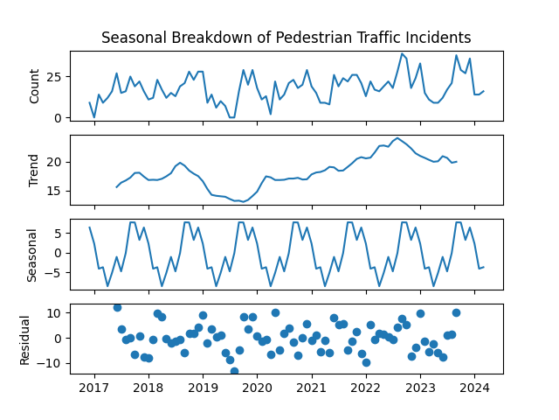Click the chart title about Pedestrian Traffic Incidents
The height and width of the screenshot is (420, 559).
click(286, 38)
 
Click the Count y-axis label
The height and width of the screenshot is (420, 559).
click(35, 86)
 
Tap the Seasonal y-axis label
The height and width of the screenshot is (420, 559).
click(35, 253)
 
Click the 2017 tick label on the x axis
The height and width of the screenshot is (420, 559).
click(94, 387)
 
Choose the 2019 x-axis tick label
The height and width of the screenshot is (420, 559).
click(203, 387)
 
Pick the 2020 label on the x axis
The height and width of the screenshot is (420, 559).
click(258, 387)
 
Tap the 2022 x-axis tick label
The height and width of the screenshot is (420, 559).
click(366, 387)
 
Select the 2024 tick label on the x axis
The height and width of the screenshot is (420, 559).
click(474, 387)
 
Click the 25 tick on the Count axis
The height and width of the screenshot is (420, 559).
click(53, 77)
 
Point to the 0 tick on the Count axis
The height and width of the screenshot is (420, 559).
click(57, 117)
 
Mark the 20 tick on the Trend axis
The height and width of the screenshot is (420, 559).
click(53, 162)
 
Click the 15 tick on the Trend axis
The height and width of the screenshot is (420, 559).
click(53, 190)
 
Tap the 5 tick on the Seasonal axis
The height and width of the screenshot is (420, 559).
click(57, 233)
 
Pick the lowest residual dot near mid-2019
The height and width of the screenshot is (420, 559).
click(234, 372)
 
